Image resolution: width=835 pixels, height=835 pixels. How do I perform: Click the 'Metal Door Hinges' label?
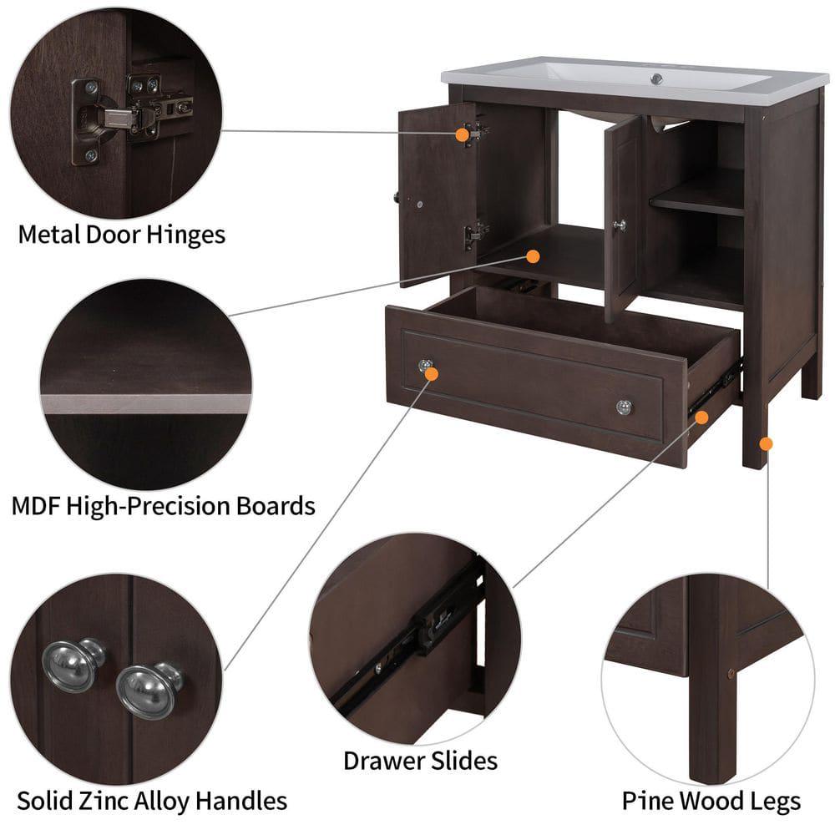coord(121,234)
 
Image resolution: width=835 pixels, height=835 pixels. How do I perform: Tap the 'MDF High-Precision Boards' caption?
coord(163,505)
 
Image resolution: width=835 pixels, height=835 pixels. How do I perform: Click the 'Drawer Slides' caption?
coord(420,760)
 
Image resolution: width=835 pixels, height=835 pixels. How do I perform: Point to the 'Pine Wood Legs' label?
coord(711,802)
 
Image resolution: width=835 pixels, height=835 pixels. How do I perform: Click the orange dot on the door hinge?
coord(462,134)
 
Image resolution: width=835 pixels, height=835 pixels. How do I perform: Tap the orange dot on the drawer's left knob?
coord(432,374)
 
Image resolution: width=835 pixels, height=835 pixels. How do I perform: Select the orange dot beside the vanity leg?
coord(767,443)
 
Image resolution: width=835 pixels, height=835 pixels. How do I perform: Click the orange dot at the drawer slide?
coord(702,417)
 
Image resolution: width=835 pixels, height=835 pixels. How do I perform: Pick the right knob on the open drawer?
coord(624,407)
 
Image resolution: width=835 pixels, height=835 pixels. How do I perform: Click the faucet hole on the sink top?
coord(656,79)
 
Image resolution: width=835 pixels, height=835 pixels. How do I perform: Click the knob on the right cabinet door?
coord(620,225)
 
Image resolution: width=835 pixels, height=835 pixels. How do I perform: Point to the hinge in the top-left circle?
coord(125,117)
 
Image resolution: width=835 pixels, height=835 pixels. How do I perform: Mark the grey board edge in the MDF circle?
coord(147,403)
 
